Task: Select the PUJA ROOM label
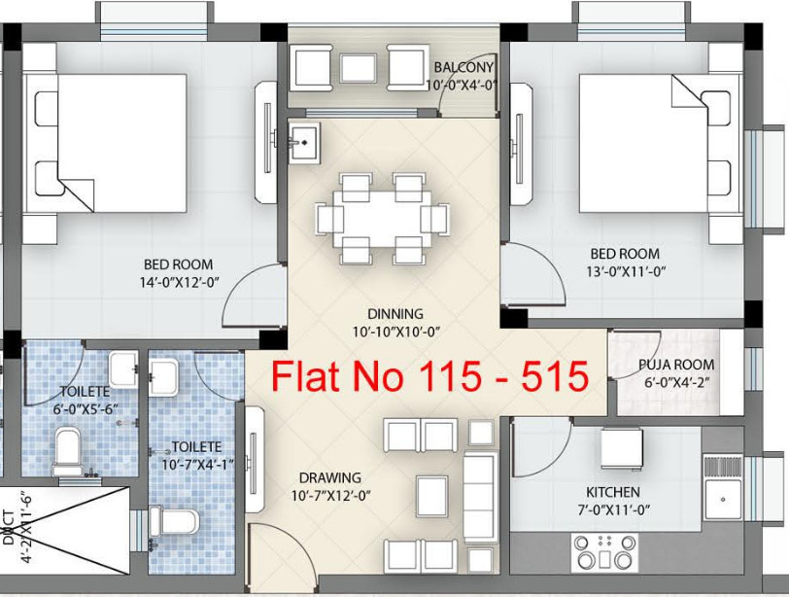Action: tap(676, 365)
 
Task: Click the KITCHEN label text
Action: tap(612, 492)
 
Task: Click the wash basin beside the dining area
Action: tap(304, 143)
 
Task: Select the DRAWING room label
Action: tap(330, 477)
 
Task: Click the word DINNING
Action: tap(395, 314)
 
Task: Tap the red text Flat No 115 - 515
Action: tap(429, 375)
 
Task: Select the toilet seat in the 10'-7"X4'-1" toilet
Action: tap(178, 520)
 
